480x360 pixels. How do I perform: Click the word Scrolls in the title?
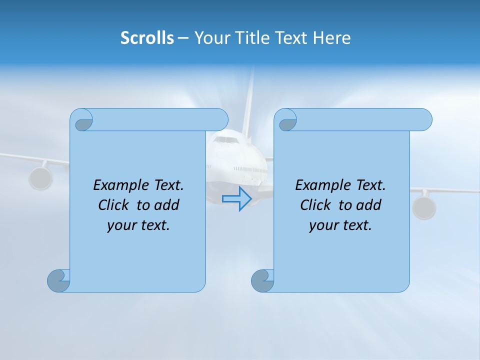tap(147, 37)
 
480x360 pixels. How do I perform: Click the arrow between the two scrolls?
tap(236, 198)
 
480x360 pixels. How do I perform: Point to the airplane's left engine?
tap(40, 178)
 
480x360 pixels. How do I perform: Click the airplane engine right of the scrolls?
tap(424, 207)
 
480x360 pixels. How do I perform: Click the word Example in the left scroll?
tap(118, 185)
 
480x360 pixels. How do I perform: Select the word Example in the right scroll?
tap(320, 185)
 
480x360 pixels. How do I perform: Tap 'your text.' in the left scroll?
tap(138, 225)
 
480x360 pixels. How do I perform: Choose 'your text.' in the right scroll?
tap(340, 225)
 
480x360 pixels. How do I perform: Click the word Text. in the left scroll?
tap(167, 185)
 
